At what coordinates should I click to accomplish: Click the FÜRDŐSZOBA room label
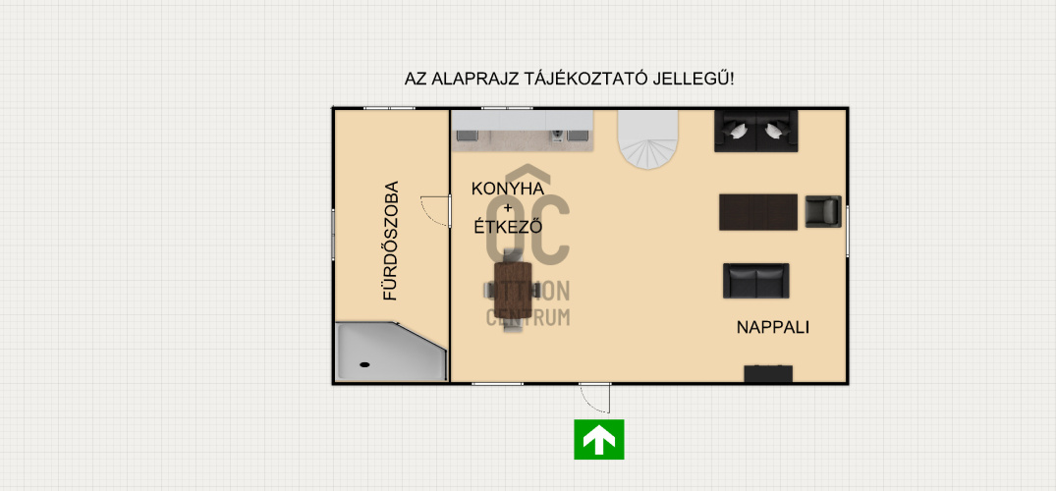(391, 241)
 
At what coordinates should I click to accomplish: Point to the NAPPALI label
(772, 328)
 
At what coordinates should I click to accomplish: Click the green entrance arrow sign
(598, 439)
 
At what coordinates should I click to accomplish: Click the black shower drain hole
(365, 364)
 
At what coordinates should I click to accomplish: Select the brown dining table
(513, 290)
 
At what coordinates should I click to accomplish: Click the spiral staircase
(648, 139)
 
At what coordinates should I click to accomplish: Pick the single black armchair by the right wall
(823, 211)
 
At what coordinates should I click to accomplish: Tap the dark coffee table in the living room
(758, 212)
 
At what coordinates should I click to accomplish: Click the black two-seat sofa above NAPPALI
(756, 281)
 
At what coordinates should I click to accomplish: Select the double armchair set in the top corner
(755, 131)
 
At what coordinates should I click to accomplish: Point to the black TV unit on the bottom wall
(768, 374)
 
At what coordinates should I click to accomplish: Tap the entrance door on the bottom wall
(594, 398)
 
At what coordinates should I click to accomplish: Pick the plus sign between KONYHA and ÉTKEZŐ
(508, 207)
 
